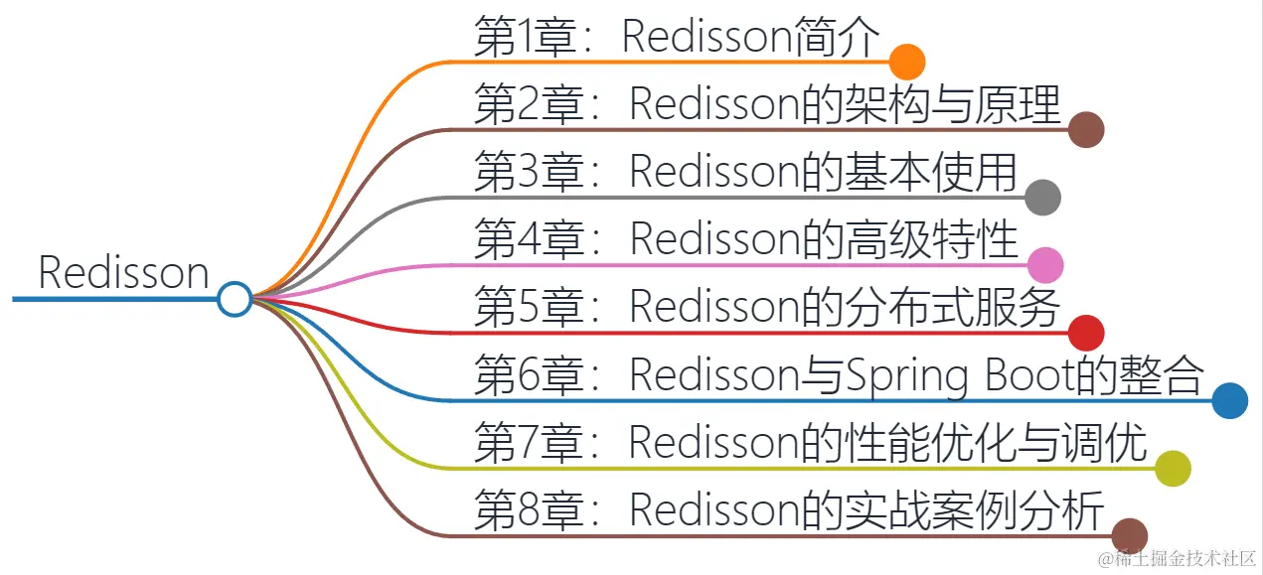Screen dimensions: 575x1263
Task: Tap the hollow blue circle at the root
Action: [235, 298]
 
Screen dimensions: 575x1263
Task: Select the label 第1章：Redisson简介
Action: [677, 38]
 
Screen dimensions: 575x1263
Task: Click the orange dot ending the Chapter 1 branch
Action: [907, 62]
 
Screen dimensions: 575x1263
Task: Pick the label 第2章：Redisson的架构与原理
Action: [767, 105]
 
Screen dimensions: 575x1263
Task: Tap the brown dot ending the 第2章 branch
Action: [1086, 129]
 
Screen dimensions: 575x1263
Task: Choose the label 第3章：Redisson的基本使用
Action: [745, 173]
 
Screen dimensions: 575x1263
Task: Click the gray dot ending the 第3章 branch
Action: [1042, 198]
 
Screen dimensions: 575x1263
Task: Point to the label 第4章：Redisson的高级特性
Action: [746, 240]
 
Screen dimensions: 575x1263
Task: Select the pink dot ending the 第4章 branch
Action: [1045, 265]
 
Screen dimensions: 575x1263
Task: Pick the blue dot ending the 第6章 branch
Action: [1230, 400]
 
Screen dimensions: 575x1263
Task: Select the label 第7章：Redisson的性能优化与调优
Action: [811, 444]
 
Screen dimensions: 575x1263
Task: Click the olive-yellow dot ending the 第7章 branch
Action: [1173, 468]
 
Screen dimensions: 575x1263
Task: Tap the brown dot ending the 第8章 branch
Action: [1129, 535]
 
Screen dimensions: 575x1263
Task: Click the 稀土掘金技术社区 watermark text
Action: [1184, 559]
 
